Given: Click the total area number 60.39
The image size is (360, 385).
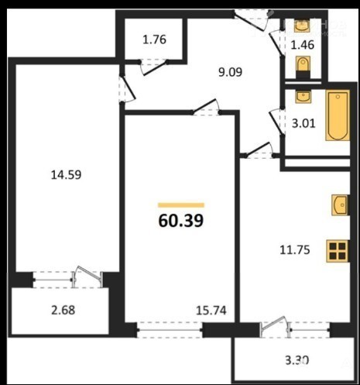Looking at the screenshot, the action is pos(181,221).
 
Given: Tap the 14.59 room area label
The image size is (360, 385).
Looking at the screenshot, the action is pos(66,175).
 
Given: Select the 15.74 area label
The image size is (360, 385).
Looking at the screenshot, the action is pos(211,311).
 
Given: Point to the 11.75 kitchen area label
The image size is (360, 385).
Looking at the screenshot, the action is pos(295,250).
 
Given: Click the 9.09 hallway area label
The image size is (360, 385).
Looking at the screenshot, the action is pos(230,72).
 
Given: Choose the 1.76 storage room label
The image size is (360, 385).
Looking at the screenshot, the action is pos(154,40).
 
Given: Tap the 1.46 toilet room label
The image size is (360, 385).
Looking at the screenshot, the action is pos(302,45).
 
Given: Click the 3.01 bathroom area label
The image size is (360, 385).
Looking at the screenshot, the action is pos(303,123).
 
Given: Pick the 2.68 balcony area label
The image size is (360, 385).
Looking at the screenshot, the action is pos(63,310).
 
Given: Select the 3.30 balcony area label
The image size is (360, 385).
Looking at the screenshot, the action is pos(297,360).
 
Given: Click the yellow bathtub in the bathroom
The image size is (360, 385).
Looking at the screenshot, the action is pos(338,115).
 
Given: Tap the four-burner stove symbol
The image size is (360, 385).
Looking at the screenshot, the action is pos(338,251).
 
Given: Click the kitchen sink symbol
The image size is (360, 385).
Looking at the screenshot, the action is pos(340,205).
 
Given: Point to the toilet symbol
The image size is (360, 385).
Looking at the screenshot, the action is pos(303,67).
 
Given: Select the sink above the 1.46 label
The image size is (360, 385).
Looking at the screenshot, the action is pos(302,26).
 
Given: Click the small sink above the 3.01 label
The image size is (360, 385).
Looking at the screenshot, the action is pos(303,96).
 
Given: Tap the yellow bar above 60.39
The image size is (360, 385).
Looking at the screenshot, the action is pos(181,205).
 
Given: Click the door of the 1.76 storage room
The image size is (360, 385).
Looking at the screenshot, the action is pos(153,67).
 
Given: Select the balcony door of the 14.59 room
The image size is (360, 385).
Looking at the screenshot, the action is pos(88,277).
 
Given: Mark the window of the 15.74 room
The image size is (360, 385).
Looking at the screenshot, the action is pos(170,330).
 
